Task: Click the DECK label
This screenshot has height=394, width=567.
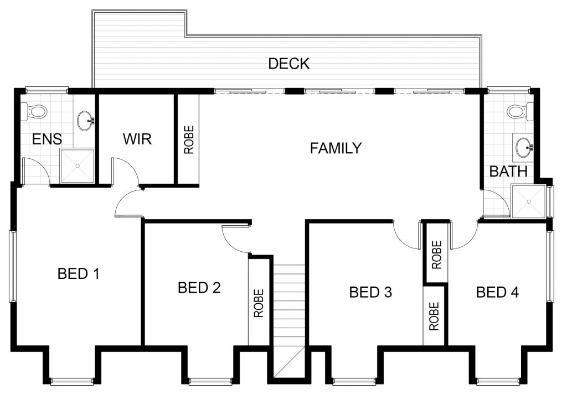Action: [x=289, y=64]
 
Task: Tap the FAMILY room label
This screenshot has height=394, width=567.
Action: [x=336, y=148]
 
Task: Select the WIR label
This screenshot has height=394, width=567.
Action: [x=137, y=139]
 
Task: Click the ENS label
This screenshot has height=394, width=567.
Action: [x=47, y=139]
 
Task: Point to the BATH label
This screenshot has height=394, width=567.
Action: [x=508, y=172]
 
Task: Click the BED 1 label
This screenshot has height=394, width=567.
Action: [x=79, y=273]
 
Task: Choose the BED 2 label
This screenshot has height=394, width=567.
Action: [x=199, y=288]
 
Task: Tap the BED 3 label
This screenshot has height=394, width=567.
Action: [x=370, y=292]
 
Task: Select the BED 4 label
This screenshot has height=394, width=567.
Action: [x=498, y=292]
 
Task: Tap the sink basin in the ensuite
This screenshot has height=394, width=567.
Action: [x=86, y=121]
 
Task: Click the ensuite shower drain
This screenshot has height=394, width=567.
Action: [x=78, y=166]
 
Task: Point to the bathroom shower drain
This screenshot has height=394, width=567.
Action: [x=528, y=201]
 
